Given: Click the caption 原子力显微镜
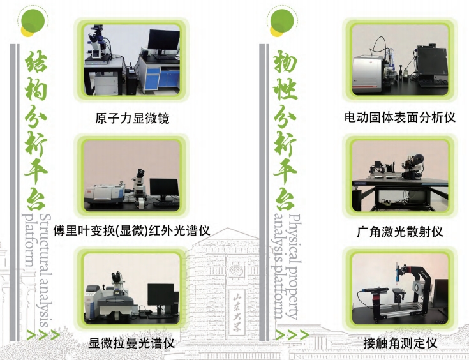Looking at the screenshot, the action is coord(132,118).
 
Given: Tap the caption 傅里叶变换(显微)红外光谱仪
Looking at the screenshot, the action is coord(131,230).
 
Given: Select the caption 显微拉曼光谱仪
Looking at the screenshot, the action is coord(131,343).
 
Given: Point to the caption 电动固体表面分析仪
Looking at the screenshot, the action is coord(400,117).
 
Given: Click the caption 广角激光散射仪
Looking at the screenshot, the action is coord(400,232).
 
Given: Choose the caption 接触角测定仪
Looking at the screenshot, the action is coord(400,343).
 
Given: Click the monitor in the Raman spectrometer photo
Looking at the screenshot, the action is coord(161,296).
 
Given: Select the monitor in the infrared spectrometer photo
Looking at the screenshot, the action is coord(164,188).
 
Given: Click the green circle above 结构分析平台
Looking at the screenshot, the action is coord(33,20).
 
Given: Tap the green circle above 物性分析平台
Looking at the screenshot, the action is coord(282,20).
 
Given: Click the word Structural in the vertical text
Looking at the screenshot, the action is coord(45,239).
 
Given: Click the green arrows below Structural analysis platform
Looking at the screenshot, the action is coord(43,335).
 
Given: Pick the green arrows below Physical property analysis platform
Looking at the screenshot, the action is coord(292,335).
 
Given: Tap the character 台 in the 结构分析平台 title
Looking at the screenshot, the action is coord(36,200).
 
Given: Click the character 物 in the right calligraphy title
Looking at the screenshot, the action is coord(285,61).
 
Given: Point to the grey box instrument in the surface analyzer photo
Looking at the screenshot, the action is coord(368,71).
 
